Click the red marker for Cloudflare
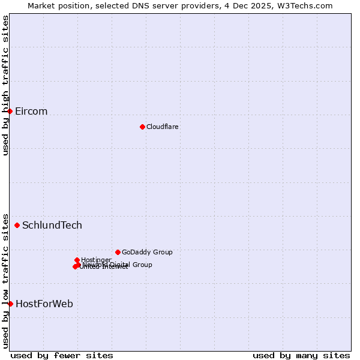point(142,127)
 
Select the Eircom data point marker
point(10,112)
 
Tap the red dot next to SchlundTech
point(17,226)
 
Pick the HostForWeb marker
point(10,304)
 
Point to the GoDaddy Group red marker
point(118,252)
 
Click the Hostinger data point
point(77,260)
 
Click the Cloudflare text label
point(162,127)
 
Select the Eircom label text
point(31,112)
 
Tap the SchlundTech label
point(52,226)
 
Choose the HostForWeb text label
point(44,304)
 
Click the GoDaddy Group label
point(147,252)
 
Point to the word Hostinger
point(96,260)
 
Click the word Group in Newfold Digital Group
point(142,265)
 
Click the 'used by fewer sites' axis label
point(62,355)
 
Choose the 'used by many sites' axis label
point(301,355)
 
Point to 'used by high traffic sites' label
point(5,85)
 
